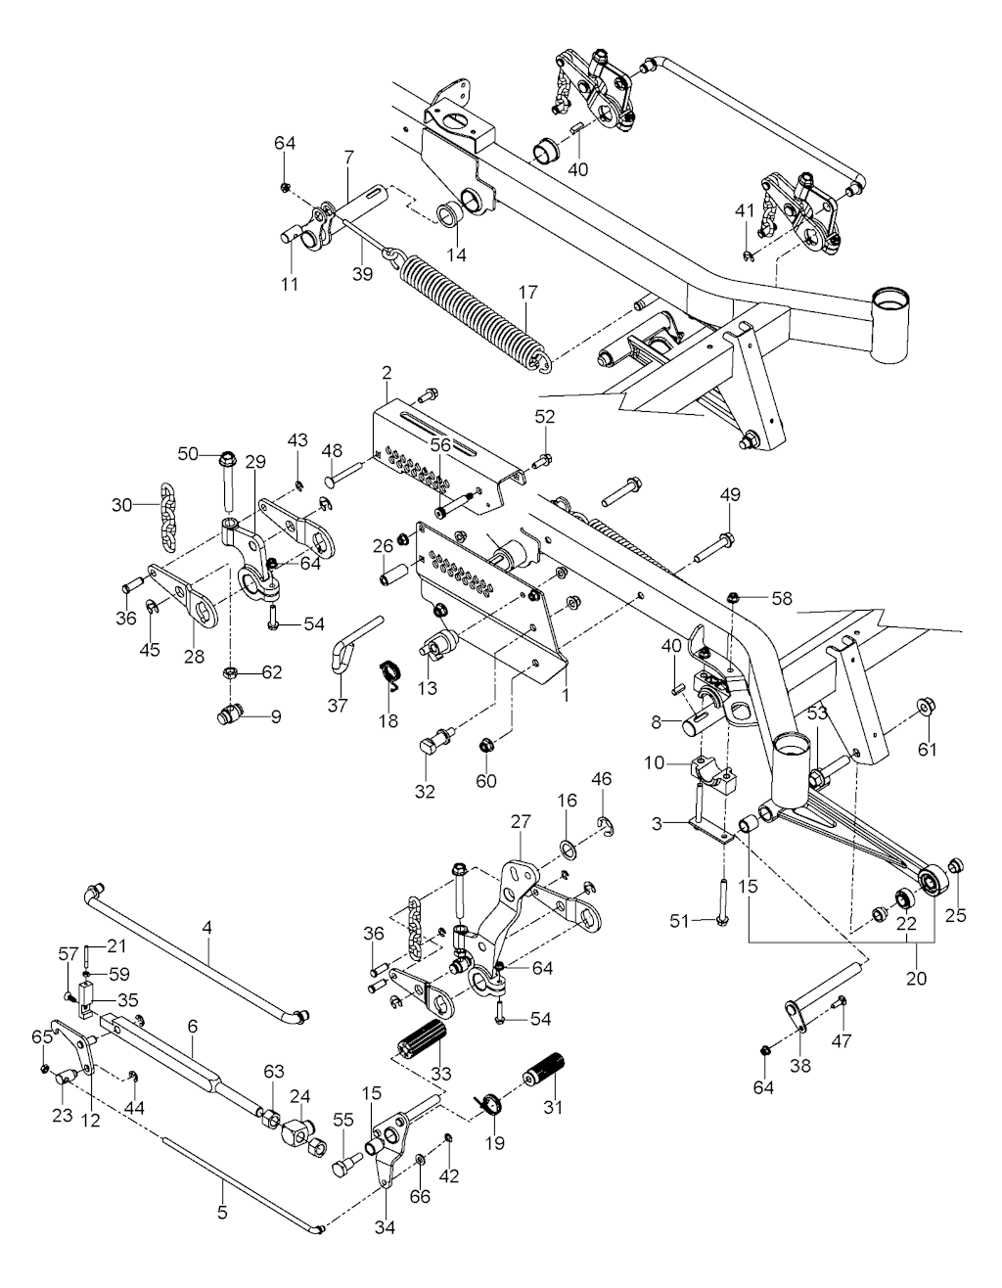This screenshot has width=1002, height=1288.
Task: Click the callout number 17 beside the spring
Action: click(528, 292)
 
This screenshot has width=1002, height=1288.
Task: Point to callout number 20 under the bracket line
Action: click(918, 977)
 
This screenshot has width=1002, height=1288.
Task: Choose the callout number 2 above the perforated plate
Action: click(387, 373)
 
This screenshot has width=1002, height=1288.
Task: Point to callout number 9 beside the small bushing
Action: click(276, 716)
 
